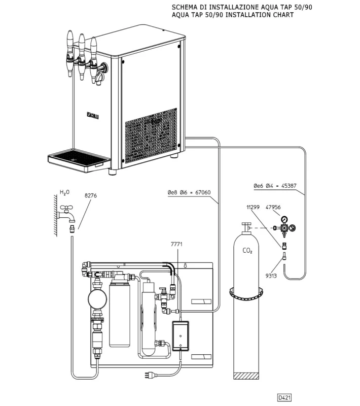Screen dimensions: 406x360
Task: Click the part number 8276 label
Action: pyautogui.click(x=91, y=195)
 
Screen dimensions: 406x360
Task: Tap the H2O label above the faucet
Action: pyautogui.click(x=64, y=192)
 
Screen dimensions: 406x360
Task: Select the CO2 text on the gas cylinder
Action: pyautogui.click(x=248, y=250)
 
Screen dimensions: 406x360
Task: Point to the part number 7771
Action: pyautogui.click(x=176, y=244)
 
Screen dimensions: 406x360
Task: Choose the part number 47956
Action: pyautogui.click(x=273, y=207)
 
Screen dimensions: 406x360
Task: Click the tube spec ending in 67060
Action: pyautogui.click(x=189, y=192)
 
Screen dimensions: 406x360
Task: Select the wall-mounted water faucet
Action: pyautogui.click(x=66, y=213)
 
